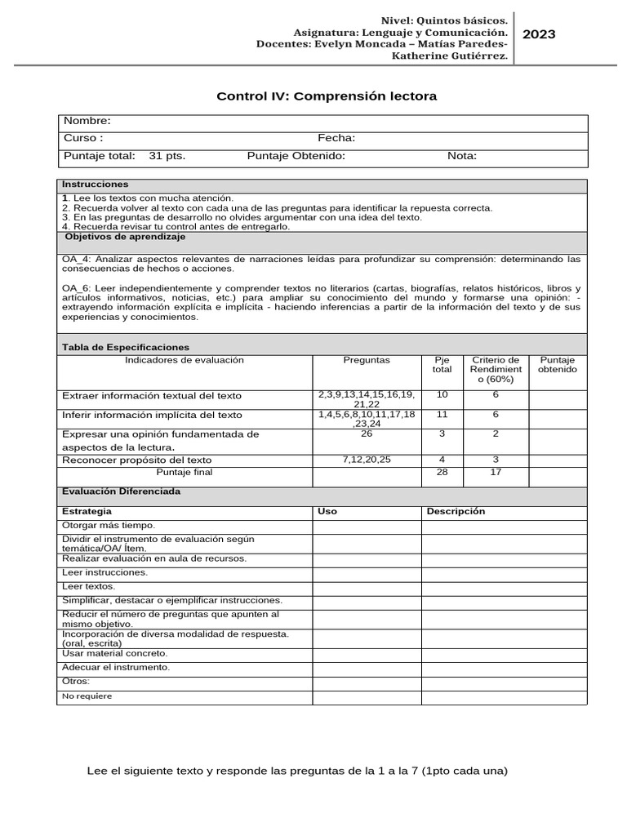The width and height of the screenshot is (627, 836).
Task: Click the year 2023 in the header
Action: click(539, 33)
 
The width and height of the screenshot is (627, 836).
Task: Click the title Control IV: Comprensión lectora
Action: click(327, 96)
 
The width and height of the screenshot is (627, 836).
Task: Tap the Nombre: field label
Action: click(87, 122)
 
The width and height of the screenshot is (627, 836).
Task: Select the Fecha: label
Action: click(336, 139)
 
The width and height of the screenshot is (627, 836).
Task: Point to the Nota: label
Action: click(462, 156)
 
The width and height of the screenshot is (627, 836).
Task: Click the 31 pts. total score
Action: click(167, 156)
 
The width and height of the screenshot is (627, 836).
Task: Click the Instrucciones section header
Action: click(96, 185)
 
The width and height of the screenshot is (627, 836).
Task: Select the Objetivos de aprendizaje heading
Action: click(125, 237)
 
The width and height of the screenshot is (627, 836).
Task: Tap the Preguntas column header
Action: click(367, 360)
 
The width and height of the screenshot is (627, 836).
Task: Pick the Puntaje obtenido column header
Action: click(557, 365)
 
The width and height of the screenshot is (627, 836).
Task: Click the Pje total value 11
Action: click(442, 415)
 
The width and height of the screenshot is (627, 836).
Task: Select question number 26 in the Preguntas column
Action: click(367, 434)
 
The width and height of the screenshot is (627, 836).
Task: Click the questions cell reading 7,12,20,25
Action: click(367, 460)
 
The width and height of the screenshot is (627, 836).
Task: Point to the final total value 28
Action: click(442, 473)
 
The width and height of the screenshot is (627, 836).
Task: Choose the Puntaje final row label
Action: click(184, 473)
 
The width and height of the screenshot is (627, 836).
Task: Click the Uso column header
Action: click(327, 511)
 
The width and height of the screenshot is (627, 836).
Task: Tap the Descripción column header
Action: click(456, 511)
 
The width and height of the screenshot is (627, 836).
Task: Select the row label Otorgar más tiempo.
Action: click(109, 526)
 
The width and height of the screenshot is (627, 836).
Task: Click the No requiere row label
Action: click(87, 696)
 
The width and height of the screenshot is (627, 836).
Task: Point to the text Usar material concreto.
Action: click(115, 653)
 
